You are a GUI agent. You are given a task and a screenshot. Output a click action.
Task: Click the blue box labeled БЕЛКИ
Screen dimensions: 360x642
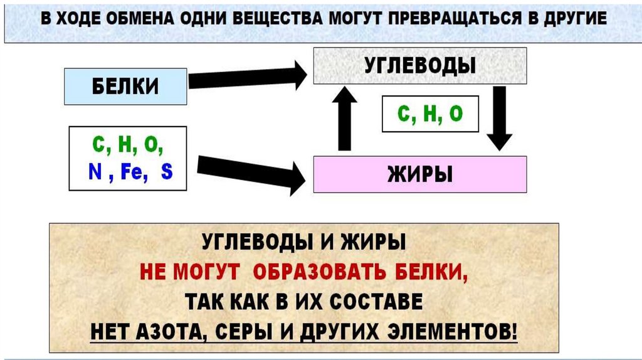[125, 86]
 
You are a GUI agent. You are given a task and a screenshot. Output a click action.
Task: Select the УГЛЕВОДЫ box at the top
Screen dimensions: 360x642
[420, 65]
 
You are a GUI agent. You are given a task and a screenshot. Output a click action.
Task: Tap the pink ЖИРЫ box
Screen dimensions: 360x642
[420, 174]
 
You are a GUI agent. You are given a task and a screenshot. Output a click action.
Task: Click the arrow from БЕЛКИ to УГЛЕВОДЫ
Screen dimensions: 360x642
[247, 77]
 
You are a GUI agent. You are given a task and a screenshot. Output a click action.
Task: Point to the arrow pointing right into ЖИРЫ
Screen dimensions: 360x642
[251, 173]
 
